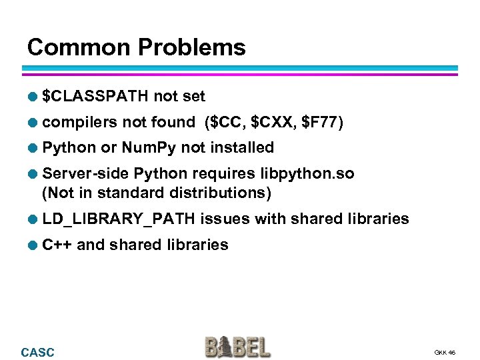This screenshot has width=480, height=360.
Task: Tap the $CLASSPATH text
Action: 95,97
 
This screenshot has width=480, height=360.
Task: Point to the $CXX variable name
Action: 272,122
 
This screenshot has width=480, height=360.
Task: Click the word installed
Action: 241,147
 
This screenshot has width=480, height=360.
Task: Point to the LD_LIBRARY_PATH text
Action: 119,219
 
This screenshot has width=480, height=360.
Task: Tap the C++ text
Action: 57,245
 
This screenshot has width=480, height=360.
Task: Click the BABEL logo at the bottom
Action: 238,347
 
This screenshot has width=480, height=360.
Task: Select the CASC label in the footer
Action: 38,353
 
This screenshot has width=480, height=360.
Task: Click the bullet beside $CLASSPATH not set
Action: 31,97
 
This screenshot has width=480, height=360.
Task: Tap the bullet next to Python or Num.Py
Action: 31,148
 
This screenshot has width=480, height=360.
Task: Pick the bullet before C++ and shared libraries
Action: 31,245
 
